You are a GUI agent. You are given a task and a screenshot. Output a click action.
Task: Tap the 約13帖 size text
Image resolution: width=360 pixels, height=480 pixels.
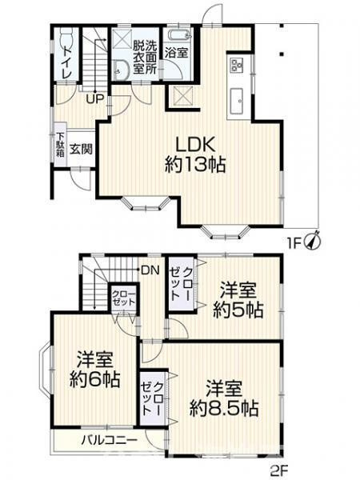click(194, 166)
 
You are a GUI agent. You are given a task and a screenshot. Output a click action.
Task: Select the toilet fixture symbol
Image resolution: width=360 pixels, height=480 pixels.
click(67, 38)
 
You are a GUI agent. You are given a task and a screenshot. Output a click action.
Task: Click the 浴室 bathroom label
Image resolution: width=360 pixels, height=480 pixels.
click(176, 54)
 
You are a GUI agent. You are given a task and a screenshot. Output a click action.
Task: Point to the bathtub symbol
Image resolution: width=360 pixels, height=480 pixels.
click(177, 36)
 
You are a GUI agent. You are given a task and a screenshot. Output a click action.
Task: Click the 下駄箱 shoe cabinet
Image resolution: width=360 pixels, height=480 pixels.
click(60, 148)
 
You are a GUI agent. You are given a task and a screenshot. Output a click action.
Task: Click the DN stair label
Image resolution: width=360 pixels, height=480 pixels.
click(150, 271)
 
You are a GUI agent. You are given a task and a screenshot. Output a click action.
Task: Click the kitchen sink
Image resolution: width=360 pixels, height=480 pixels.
click(238, 100)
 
